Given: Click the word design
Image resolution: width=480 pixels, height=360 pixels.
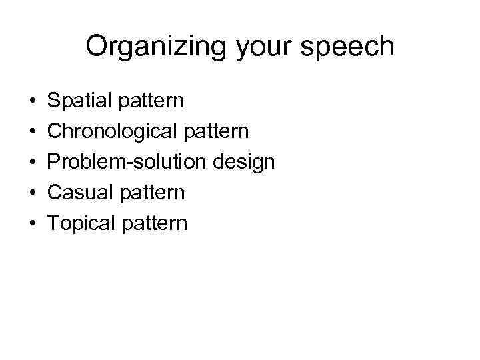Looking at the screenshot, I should pos(242,162).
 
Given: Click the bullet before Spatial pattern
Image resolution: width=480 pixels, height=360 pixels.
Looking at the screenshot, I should pos(32,102).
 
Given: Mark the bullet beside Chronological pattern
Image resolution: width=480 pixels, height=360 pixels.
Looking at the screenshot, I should pos(32,132).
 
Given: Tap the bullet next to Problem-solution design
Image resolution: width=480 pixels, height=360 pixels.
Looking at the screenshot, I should pos(32,163).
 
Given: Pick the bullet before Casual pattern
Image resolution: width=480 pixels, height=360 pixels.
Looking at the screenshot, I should pos(32,193).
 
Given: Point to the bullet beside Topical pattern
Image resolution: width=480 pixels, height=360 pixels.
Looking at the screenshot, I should pos(32,223).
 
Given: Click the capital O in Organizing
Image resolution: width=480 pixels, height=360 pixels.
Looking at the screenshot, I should pos(97,47).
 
